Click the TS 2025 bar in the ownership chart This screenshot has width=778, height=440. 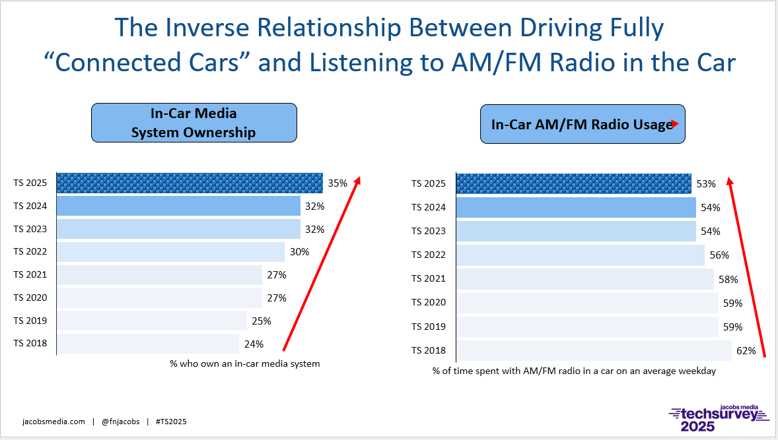pyautogui.click(x=190, y=183)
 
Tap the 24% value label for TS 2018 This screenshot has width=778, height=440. pyautogui.click(x=254, y=344)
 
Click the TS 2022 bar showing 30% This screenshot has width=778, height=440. pyautogui.click(x=170, y=251)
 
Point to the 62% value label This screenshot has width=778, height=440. pyautogui.click(x=746, y=350)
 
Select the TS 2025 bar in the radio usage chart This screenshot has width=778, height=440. pyautogui.click(x=573, y=183)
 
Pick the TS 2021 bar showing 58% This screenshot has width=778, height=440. pyautogui.click(x=584, y=278)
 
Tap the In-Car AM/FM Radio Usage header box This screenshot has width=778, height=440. pyautogui.click(x=582, y=124)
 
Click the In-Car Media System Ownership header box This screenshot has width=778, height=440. pyautogui.click(x=194, y=123)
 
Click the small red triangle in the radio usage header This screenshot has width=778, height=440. pyautogui.click(x=675, y=123)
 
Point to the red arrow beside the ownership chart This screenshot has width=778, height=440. pyautogui.click(x=321, y=264)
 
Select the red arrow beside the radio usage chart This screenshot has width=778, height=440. pyautogui.click(x=746, y=267)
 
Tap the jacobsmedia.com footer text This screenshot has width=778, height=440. pyautogui.click(x=53, y=422)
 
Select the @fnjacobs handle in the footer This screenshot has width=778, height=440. pyautogui.click(x=120, y=422)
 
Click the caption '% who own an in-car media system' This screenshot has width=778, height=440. pyautogui.click(x=244, y=363)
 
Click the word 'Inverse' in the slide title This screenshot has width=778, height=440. pyautogui.click(x=225, y=28)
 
